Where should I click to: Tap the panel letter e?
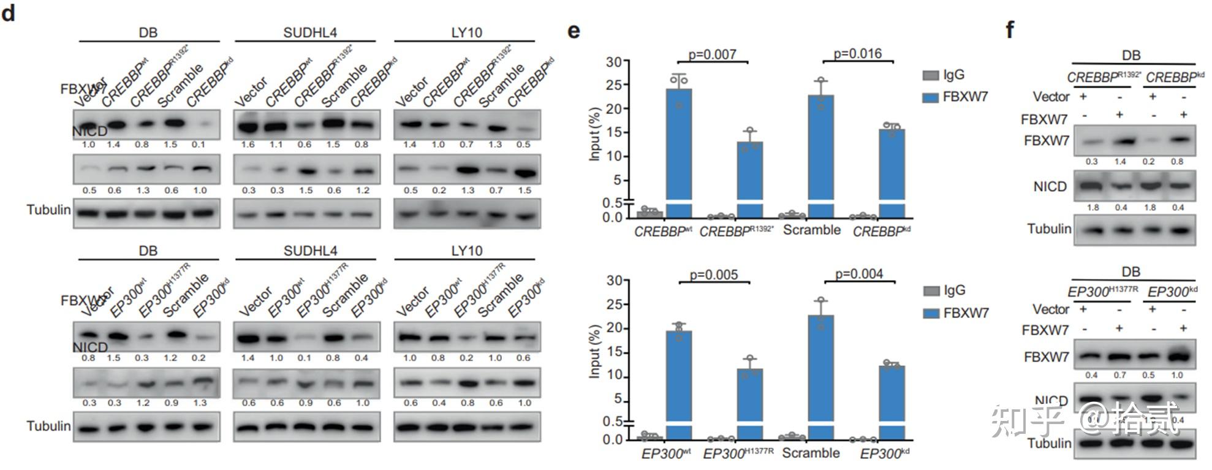click(x=574, y=31)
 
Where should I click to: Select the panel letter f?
click(x=1010, y=29)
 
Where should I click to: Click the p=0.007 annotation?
click(x=712, y=55)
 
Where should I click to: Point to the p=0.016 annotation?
click(x=857, y=54)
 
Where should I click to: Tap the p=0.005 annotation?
click(x=714, y=275)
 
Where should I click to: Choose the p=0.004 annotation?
click(x=859, y=274)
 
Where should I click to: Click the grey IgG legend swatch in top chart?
click(x=931, y=75)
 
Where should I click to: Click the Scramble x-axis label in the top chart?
click(x=812, y=230)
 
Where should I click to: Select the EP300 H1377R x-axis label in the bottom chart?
click(x=738, y=454)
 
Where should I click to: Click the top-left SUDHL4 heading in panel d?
click(x=310, y=32)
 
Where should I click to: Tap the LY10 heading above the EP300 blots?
click(x=467, y=251)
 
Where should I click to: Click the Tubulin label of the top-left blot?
click(x=48, y=210)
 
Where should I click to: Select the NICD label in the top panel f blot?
click(x=1050, y=187)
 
